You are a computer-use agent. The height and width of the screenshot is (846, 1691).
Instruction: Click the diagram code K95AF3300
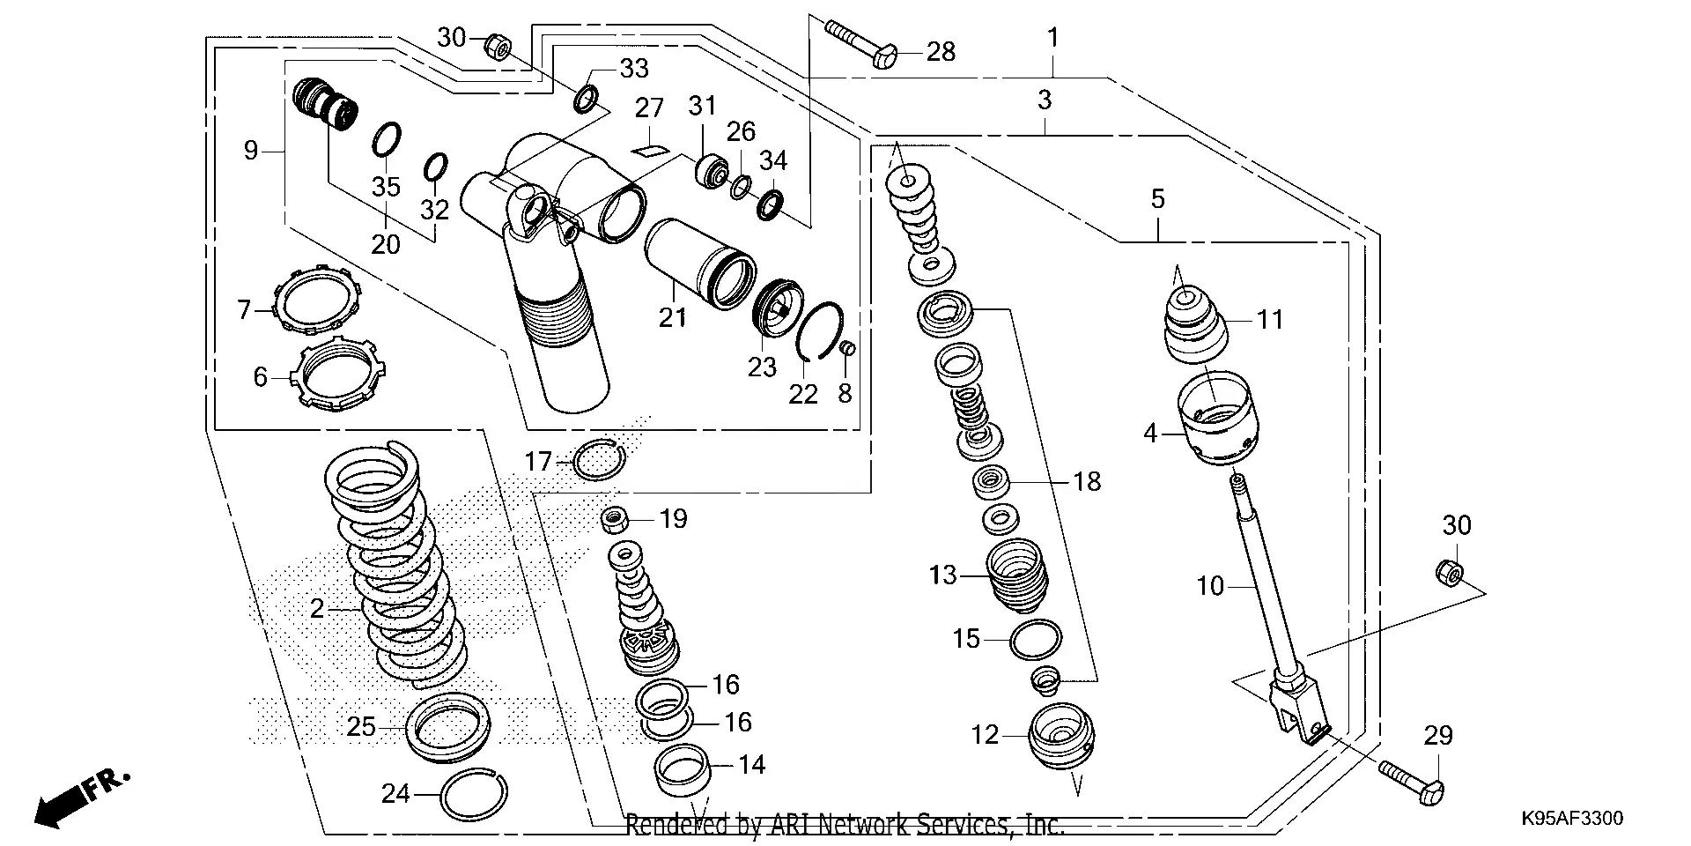pos(1571,819)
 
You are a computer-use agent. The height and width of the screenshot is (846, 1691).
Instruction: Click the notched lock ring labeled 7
pos(318,299)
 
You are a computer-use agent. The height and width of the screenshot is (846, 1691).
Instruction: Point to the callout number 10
pos(1210,586)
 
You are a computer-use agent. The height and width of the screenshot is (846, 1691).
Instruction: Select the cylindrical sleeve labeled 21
pos(700,264)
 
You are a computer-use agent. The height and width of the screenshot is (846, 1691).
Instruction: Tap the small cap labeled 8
pos(848,349)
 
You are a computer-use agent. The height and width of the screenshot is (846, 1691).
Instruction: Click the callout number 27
pos(649,108)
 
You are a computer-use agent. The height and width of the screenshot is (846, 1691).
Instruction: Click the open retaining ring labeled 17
pos(599,458)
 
